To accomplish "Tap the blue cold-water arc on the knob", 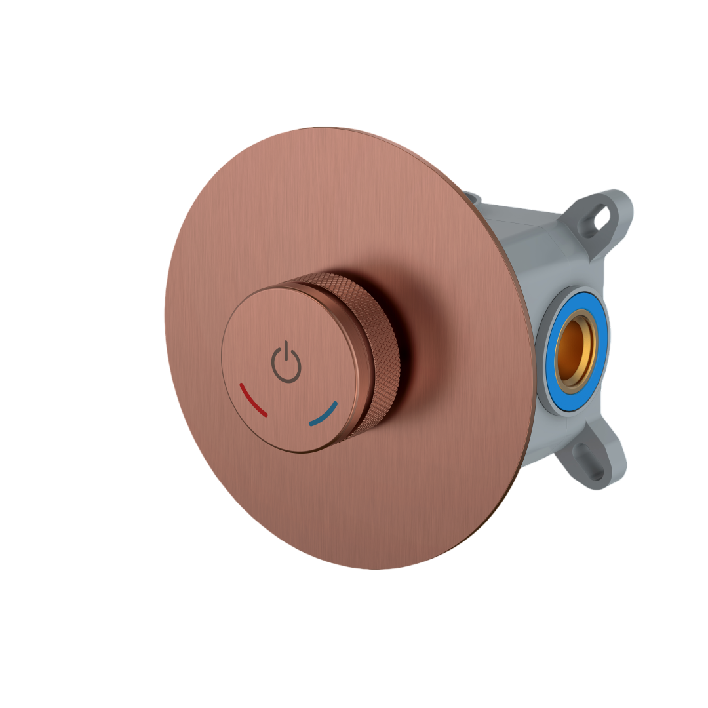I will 324,414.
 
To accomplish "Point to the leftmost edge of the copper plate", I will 166,315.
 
